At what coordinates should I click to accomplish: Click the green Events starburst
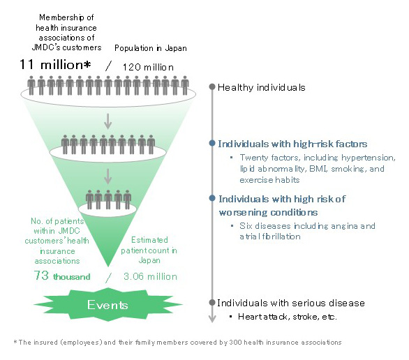point(108,304)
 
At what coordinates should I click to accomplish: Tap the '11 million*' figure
point(55,64)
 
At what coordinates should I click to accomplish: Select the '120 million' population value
point(148,67)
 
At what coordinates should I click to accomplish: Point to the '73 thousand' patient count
point(62,276)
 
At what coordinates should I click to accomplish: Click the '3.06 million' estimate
point(150,276)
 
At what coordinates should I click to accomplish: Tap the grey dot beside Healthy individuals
point(212,87)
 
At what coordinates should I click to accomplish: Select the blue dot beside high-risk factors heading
point(212,143)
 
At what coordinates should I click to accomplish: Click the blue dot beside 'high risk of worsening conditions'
point(212,198)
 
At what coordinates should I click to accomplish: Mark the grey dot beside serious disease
point(212,302)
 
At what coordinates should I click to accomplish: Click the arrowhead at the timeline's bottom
point(212,320)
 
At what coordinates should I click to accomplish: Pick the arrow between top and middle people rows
point(107,121)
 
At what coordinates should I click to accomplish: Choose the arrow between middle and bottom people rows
point(107,177)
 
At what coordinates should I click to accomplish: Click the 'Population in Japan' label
point(151,48)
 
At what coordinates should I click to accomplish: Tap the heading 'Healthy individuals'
point(261,88)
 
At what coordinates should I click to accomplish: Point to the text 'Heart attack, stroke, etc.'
point(288,317)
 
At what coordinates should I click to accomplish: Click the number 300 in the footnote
point(235,343)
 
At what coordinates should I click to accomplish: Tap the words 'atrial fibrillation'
point(270,237)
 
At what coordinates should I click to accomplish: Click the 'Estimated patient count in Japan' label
point(149,250)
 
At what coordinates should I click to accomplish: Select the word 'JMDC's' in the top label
point(46,47)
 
